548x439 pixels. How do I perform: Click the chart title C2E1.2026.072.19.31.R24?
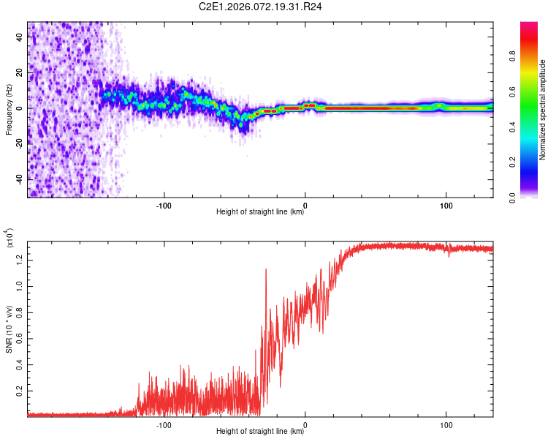point(260,7)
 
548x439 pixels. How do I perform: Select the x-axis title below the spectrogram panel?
point(260,212)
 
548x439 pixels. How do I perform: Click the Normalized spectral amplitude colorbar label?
point(543,110)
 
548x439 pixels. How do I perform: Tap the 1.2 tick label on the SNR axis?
point(20,259)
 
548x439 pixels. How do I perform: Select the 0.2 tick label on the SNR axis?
point(20,391)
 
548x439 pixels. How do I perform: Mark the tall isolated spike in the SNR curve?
point(265,271)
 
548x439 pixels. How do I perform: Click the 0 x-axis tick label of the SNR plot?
point(305,423)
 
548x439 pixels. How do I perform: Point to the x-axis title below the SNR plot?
point(260,432)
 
